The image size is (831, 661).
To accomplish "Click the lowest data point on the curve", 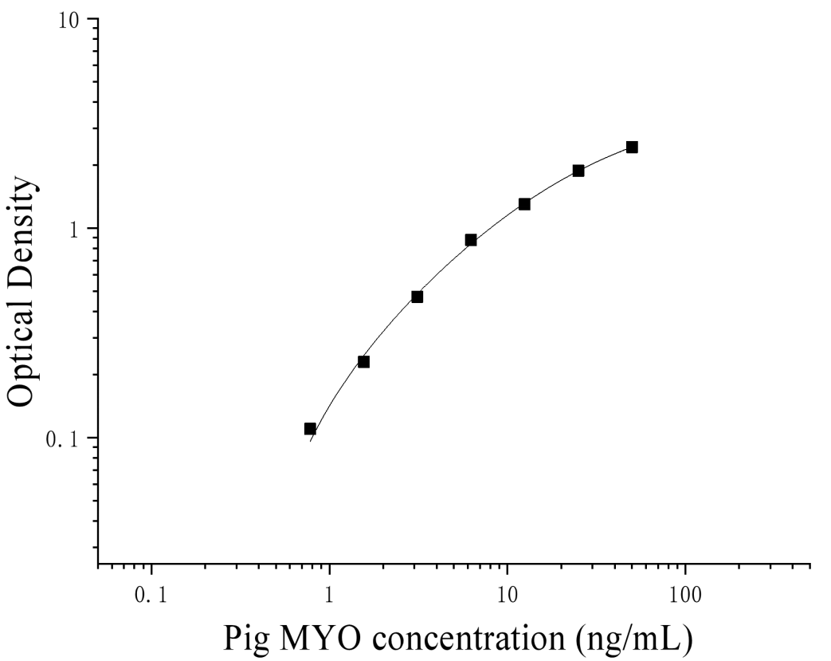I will tap(310, 429).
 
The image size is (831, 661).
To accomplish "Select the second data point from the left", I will tap(363, 362).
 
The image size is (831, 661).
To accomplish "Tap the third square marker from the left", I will tap(417, 297).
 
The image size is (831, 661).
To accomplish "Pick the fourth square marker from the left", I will tap(471, 240).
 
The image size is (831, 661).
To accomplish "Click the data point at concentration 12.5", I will tap(524, 204).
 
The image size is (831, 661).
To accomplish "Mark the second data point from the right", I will tap(578, 171).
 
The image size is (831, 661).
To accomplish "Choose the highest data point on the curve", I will tap(632, 147).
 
